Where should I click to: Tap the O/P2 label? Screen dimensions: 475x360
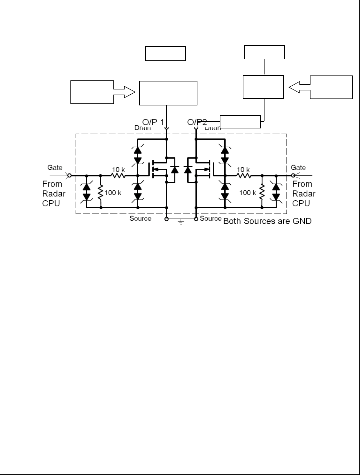197,122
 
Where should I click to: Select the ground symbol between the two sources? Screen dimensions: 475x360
181,221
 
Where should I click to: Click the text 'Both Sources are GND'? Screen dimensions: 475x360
267,221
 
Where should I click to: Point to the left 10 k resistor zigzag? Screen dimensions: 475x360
118,175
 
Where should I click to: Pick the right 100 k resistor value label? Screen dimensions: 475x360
248,193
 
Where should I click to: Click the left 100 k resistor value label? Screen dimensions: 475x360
113,193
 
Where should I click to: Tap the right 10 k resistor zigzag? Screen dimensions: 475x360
243,175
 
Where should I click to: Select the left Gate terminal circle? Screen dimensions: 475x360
69,175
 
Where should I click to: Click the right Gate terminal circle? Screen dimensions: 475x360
293,175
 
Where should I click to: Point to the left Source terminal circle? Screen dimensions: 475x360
166,219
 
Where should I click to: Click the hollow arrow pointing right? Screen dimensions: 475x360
125,92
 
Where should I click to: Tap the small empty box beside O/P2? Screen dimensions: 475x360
240,122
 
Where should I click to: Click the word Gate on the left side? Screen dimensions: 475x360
55,167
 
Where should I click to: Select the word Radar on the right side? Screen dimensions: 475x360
304,194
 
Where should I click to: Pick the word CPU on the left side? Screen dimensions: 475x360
51,203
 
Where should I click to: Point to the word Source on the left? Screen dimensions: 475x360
140,218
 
